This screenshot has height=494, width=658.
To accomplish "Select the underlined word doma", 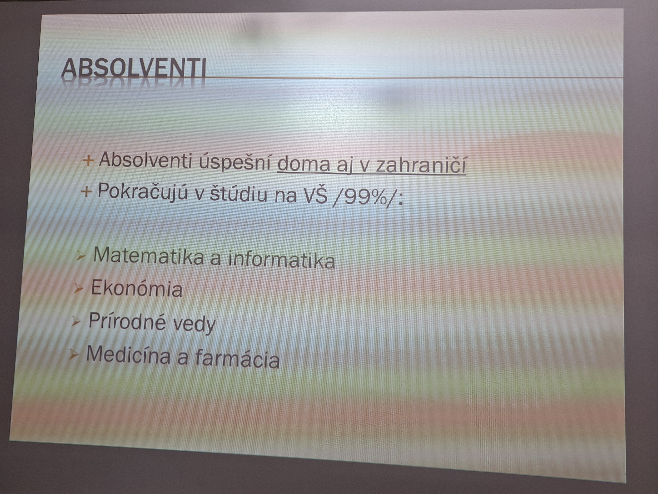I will point(303,165).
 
